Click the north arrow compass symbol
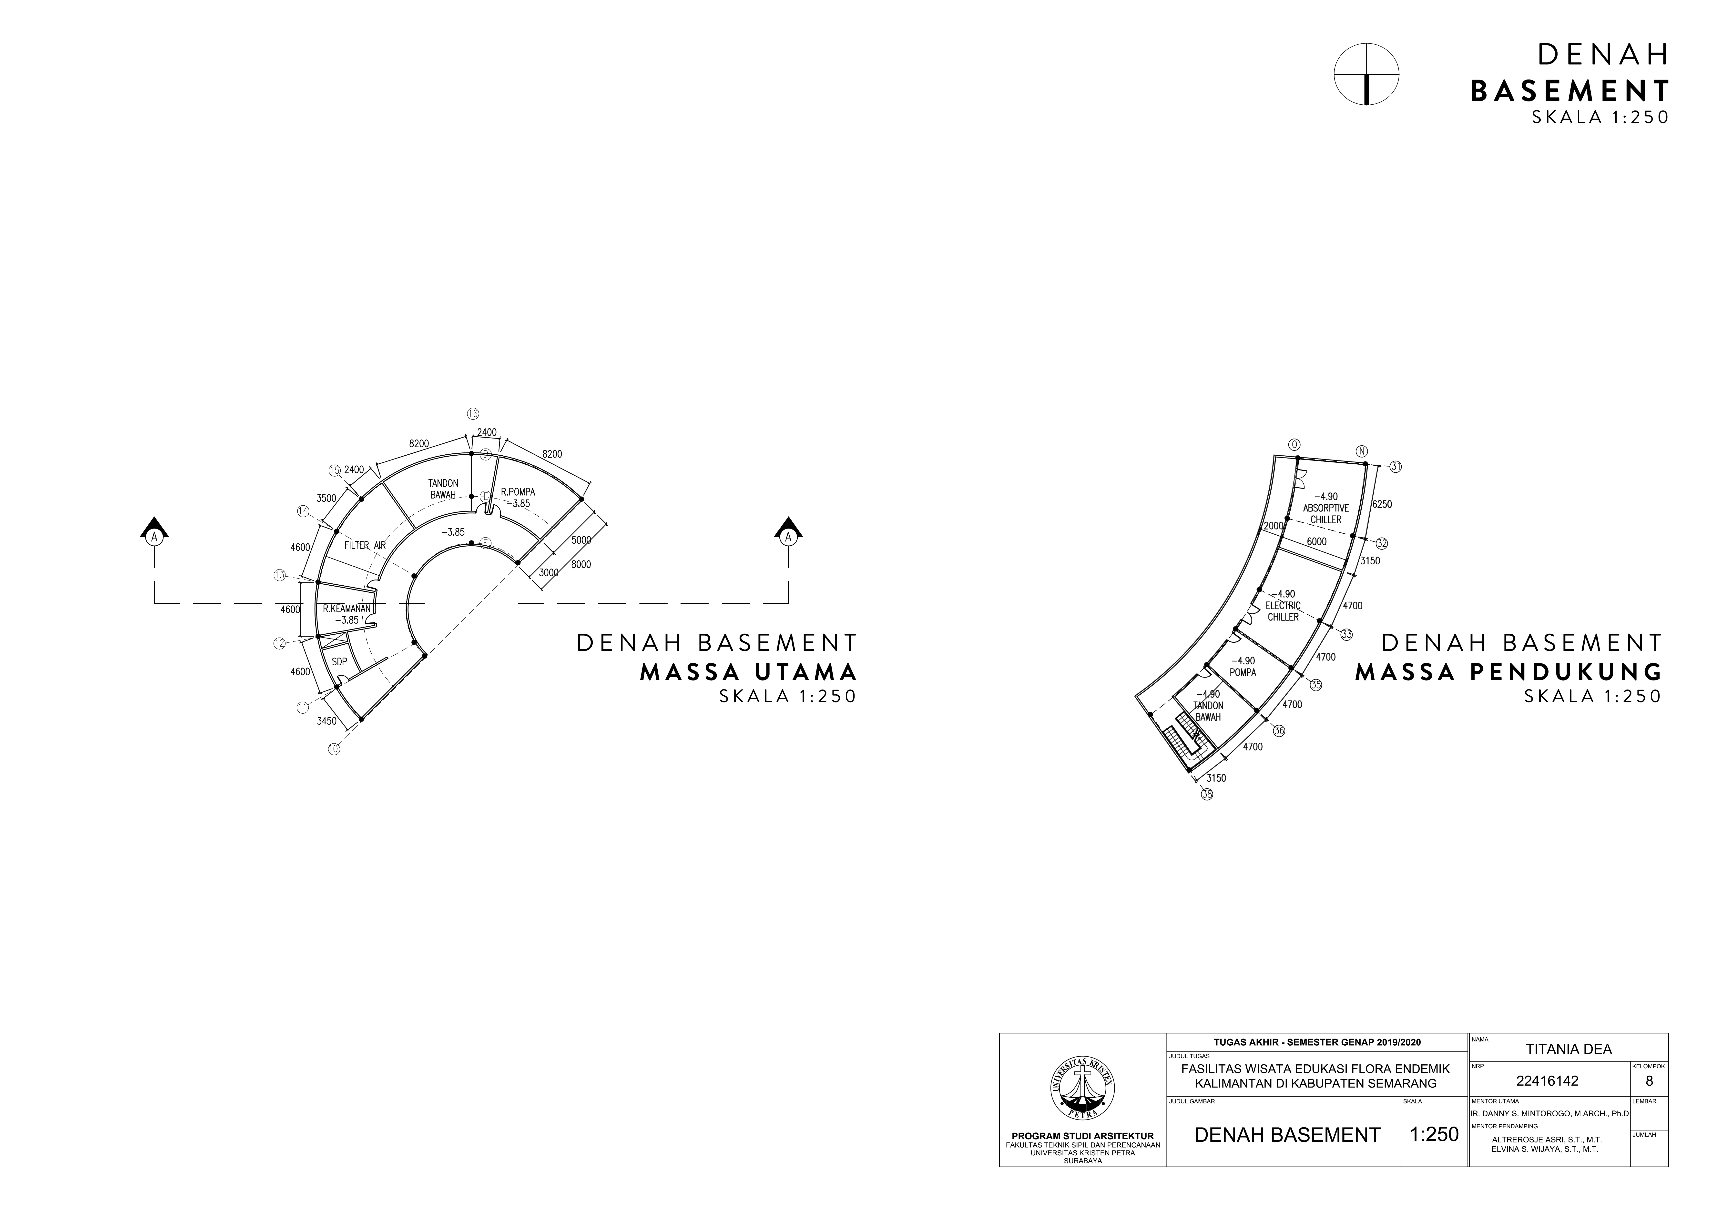tap(1366, 74)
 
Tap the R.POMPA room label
tap(518, 492)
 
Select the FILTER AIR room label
tap(365, 545)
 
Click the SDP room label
tap(339, 661)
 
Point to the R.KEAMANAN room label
tap(347, 608)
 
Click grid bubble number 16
tap(473, 414)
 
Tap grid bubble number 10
tap(333, 749)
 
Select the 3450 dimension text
tap(326, 721)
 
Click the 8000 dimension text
tap(581, 564)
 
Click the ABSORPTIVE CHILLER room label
tap(1326, 508)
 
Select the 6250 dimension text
tap(1382, 504)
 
